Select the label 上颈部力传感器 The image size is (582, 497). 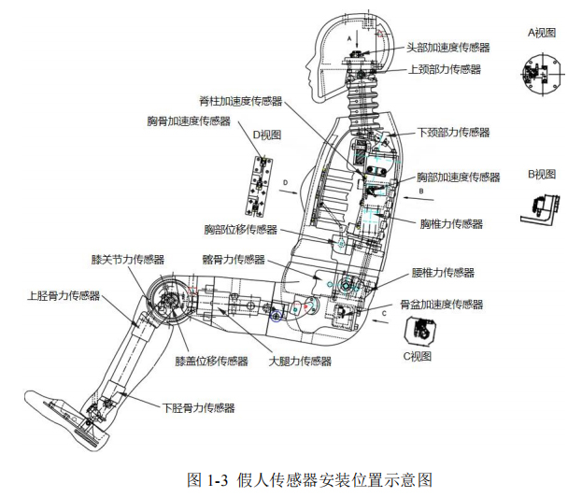(445, 69)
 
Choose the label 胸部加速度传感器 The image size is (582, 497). (459, 177)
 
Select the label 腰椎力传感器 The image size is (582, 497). (443, 273)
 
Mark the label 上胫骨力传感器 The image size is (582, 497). (63, 296)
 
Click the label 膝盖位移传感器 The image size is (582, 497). (211, 361)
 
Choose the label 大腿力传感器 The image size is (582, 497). (300, 361)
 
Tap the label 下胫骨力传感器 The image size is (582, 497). (198, 407)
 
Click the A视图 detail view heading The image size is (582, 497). (542, 33)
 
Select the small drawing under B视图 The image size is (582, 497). (540, 206)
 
